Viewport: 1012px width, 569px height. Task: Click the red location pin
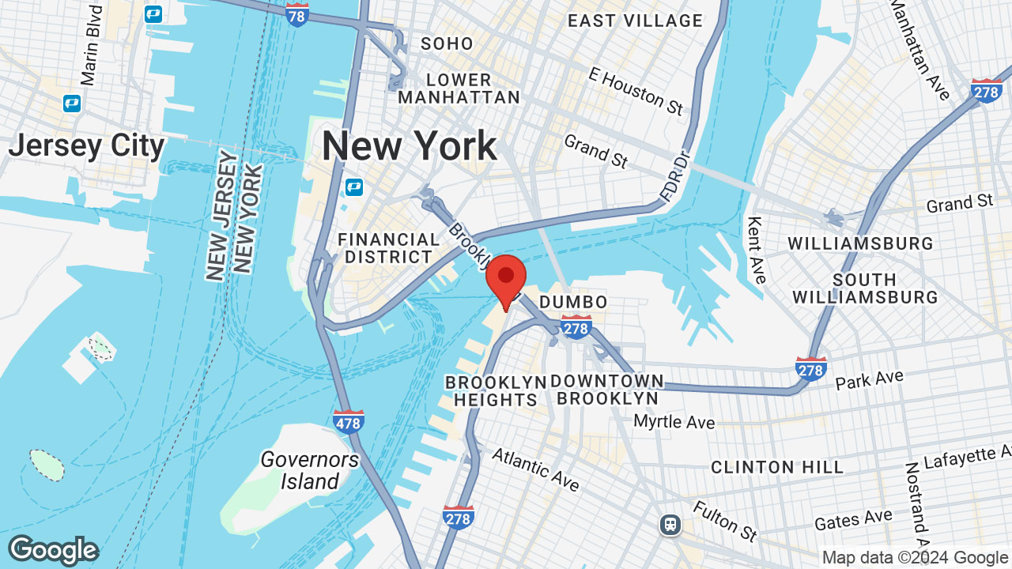click(506, 278)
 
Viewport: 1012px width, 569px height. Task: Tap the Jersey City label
click(86, 146)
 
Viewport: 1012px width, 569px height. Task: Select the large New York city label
click(409, 146)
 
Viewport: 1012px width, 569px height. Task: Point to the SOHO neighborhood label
click(447, 43)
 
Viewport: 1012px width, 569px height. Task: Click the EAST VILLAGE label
click(635, 21)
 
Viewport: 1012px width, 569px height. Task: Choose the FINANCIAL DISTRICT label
click(389, 248)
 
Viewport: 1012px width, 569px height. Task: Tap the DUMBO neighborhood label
click(573, 302)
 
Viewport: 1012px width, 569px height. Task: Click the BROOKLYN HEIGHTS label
click(496, 391)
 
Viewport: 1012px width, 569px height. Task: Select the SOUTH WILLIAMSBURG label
click(865, 288)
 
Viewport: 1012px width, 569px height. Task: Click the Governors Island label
click(310, 470)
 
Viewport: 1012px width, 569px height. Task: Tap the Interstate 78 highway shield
click(297, 14)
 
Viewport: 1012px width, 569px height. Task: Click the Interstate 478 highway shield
click(349, 421)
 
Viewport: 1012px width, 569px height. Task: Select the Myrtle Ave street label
click(674, 421)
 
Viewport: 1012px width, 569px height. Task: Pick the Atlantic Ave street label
click(535, 468)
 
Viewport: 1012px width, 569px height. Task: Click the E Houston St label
click(635, 90)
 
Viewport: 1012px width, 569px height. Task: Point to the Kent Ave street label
click(757, 250)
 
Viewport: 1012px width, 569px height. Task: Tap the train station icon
click(670, 524)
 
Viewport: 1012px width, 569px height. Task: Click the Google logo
click(53, 550)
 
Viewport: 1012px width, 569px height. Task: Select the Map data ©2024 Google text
click(915, 557)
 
